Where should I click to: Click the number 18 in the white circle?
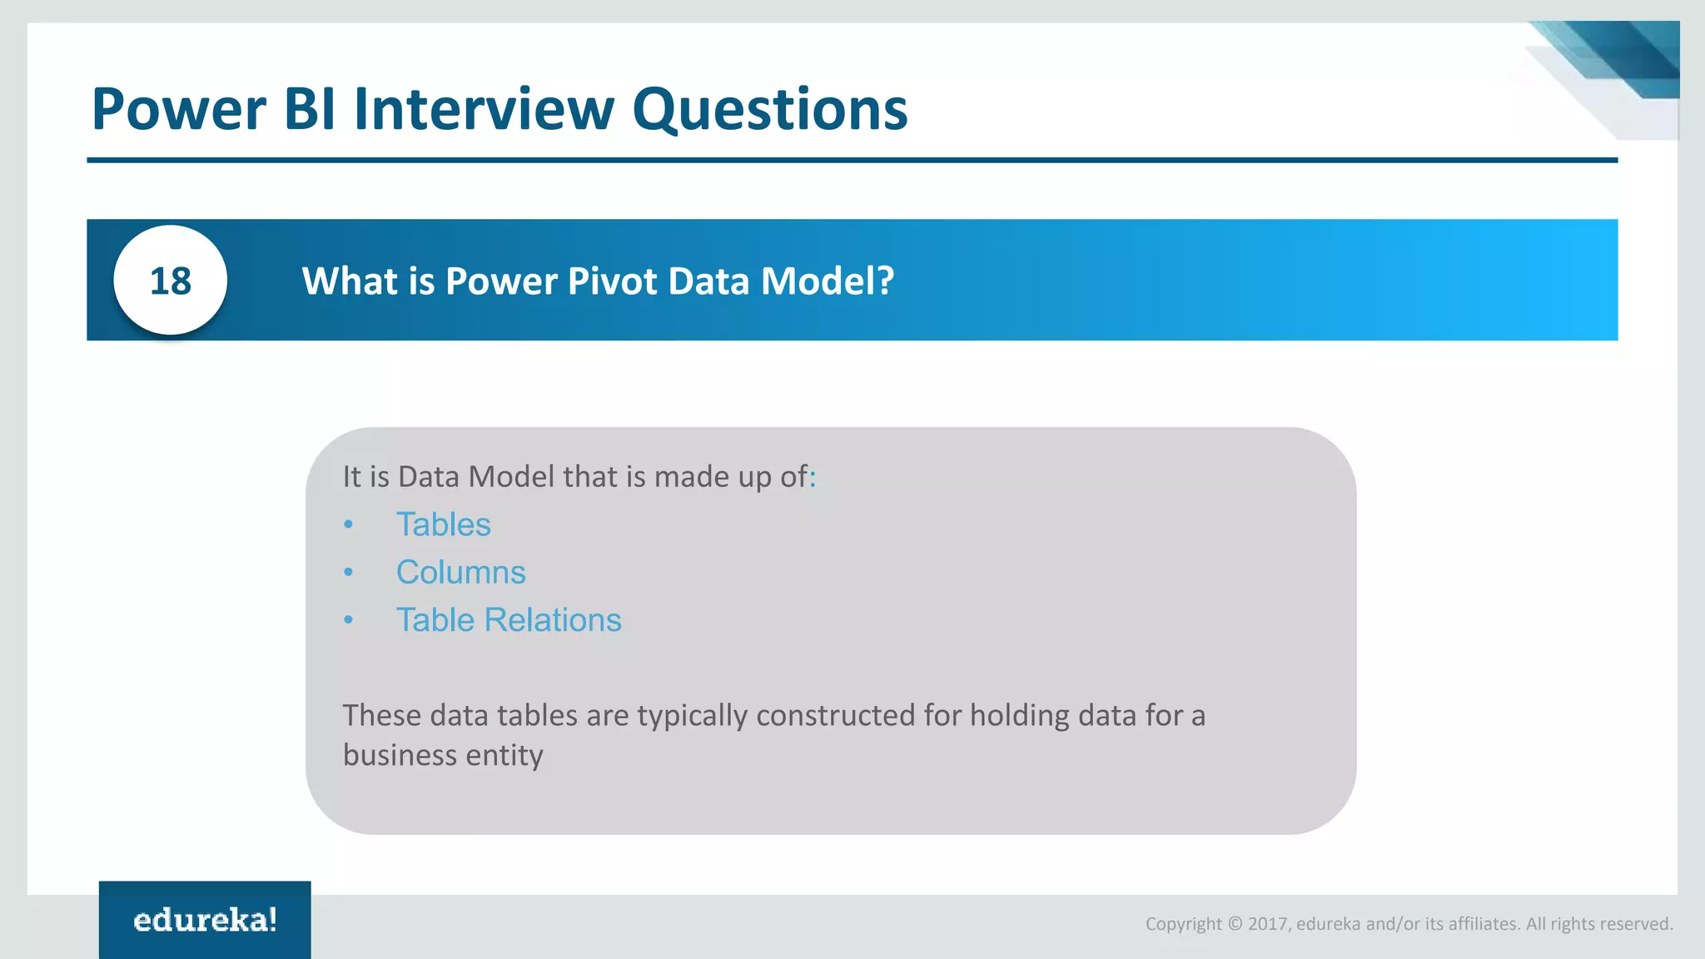point(171,281)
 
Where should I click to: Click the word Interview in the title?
point(484,109)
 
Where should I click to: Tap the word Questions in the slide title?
point(769,111)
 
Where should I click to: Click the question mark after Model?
point(885,281)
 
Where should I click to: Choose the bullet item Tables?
point(443,524)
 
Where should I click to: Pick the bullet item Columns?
point(460,573)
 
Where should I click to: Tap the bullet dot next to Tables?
point(349,524)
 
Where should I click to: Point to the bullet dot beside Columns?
point(349,573)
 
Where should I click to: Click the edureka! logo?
point(205,920)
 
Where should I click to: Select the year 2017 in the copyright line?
point(1267,924)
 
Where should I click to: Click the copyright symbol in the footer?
point(1235,924)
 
